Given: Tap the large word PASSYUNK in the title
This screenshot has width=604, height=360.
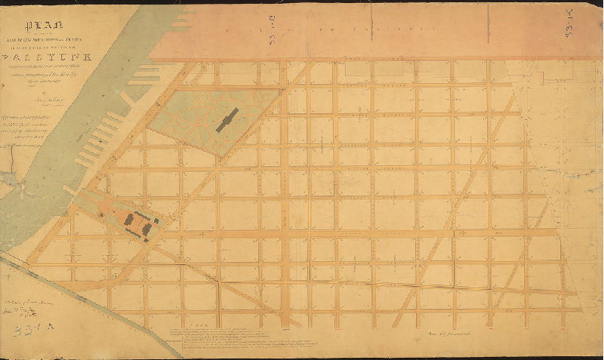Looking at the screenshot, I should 46,56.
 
